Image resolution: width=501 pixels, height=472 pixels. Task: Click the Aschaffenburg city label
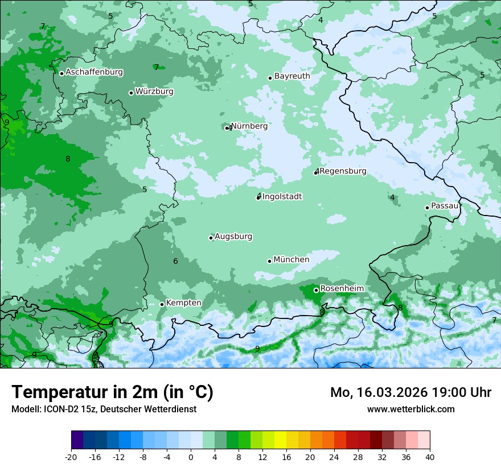point(94,72)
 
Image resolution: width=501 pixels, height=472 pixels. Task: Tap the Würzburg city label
point(154,92)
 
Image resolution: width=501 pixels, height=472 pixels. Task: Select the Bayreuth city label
point(292,76)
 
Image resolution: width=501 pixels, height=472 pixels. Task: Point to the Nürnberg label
point(249,126)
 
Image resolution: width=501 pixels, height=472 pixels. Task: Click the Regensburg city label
point(343,171)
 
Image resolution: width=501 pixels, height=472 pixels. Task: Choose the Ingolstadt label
point(282,197)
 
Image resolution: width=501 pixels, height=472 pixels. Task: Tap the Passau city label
point(445,206)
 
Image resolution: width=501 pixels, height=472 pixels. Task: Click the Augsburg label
point(233,237)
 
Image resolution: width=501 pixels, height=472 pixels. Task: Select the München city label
point(291,260)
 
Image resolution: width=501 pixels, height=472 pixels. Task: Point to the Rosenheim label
point(342,289)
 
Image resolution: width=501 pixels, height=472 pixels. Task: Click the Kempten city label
point(184,303)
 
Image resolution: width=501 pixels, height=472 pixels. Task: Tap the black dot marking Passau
point(427,208)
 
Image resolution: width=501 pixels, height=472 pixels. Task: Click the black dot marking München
point(269,261)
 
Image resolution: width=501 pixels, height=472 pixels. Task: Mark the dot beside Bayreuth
point(270,78)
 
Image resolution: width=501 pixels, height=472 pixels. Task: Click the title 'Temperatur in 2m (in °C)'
point(112,392)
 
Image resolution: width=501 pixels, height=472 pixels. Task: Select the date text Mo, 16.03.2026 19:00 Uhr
point(410,392)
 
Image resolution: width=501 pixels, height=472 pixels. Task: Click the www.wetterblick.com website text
point(410,409)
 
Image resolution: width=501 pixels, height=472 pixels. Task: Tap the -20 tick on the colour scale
point(71,457)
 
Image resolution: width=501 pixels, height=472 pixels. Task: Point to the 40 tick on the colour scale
point(429,457)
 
